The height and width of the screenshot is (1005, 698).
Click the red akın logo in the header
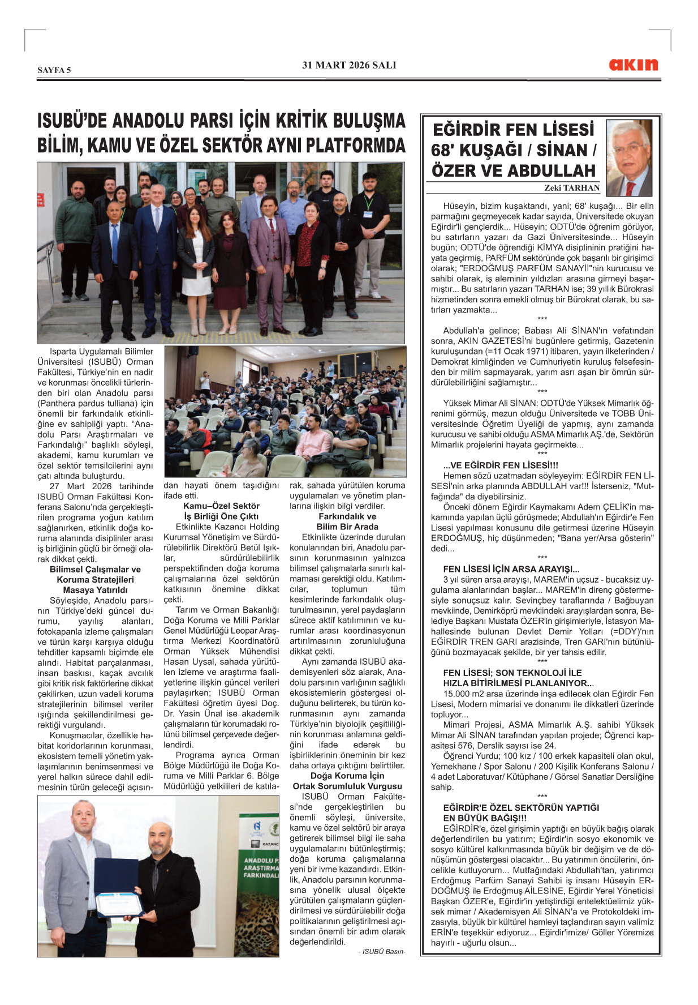pos(634,65)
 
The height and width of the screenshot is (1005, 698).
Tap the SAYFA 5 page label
pos(54,70)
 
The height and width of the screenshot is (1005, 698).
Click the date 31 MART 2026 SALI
pos(349,65)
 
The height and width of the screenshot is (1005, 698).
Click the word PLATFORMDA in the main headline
pos(355,146)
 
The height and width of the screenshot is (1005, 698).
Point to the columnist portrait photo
pos(629,158)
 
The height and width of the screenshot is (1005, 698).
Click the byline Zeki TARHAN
pos(572,188)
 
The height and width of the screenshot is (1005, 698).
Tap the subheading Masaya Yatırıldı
pos(95,590)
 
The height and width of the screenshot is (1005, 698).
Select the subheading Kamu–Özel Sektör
pos(221,506)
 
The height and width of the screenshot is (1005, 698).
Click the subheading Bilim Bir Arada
pos(347,527)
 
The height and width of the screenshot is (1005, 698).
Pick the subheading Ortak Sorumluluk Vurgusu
pos(347,786)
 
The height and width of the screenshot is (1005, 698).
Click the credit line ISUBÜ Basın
pos(382,952)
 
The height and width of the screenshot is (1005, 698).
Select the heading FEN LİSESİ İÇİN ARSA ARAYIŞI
pos(511,569)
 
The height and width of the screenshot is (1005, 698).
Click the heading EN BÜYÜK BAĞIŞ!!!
pos(485,818)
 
